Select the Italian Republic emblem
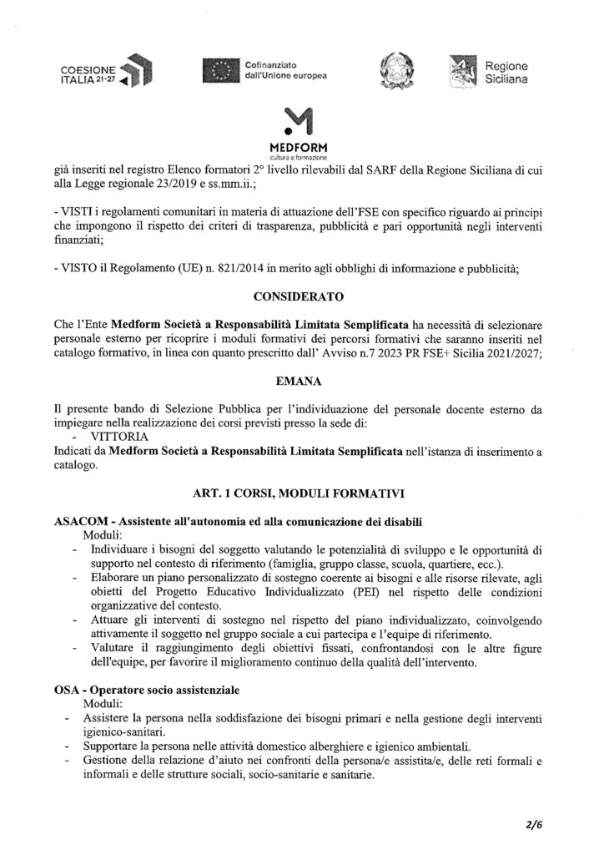click(390, 71)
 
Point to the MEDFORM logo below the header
click(301, 131)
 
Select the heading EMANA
click(301, 379)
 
